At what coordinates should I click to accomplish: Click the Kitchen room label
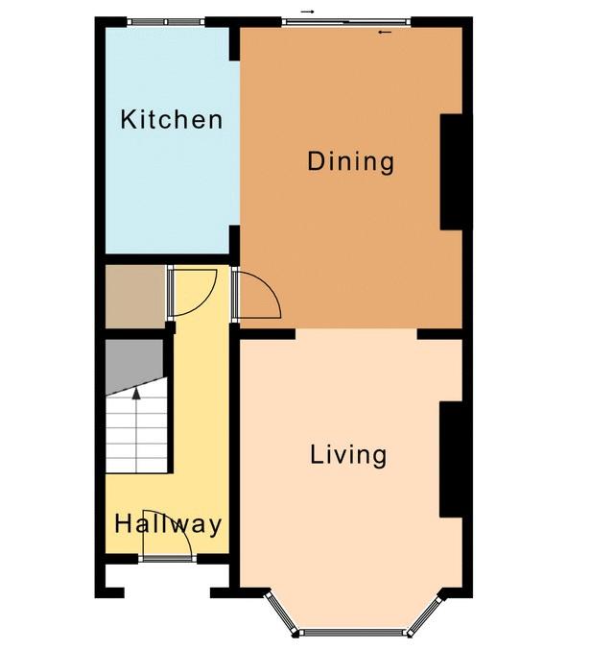coord(172,119)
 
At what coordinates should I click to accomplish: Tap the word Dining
coord(350,161)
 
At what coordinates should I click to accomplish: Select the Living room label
coord(348,455)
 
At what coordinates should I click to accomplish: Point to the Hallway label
coord(168,524)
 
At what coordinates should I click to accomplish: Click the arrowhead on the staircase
coord(136,394)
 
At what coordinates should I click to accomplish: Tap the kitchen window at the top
coord(166,22)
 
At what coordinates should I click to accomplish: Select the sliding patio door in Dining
coord(346,22)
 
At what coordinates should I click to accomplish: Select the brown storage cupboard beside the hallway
coord(136,297)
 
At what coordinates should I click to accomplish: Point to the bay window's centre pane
coord(351,633)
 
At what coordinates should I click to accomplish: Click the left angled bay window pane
coord(281,613)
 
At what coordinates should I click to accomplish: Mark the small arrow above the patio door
coord(307,12)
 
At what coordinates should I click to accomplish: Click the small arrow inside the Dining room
coord(385,32)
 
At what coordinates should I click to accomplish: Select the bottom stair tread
coord(136,466)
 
